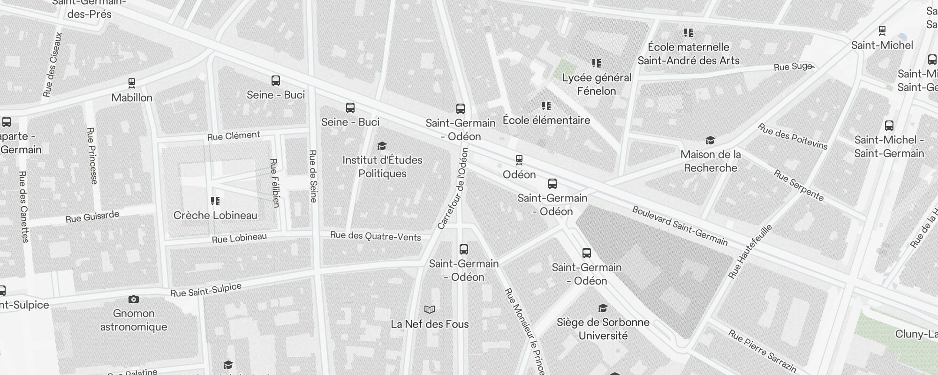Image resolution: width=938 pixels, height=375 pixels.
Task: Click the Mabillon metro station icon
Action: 132,83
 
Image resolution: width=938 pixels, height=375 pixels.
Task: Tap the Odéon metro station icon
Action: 519,160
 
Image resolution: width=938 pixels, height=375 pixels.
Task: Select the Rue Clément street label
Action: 234,136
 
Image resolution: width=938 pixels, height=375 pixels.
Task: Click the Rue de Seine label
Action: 313,176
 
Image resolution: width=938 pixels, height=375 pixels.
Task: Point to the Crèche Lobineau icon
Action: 215,201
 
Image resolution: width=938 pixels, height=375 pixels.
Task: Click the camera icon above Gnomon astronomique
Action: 134,299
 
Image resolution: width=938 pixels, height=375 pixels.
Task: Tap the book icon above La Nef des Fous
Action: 430,309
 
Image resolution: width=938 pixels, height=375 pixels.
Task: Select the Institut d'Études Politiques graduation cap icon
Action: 382,146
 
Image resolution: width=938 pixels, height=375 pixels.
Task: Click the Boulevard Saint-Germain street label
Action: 680,226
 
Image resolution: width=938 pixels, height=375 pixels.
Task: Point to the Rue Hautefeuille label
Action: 750,252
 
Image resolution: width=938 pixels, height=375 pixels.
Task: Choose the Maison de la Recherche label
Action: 711,161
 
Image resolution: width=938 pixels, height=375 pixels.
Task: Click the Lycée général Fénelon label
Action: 597,84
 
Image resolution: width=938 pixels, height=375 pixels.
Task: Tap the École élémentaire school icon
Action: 546,106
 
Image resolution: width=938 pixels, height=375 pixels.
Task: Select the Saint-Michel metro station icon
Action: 882,31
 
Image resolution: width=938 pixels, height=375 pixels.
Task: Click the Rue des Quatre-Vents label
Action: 375,236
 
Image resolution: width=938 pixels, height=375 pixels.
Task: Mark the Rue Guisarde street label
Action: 92,217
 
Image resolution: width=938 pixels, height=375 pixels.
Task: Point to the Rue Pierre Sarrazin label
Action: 762,351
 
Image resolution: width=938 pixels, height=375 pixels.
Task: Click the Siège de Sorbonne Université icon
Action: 603,308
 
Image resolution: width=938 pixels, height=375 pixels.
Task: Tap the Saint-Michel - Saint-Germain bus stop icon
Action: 889,126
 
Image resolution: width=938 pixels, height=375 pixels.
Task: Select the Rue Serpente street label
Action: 798,186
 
